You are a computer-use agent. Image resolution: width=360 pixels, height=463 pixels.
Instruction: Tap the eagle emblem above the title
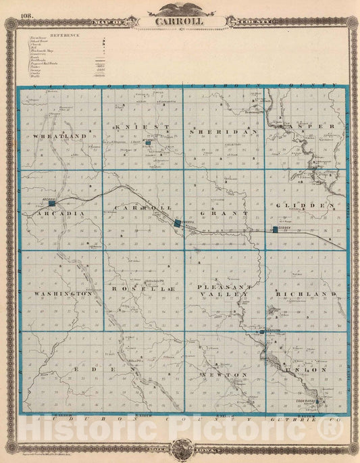click(179, 7)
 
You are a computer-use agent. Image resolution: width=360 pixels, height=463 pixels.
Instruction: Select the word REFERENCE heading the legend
click(65, 34)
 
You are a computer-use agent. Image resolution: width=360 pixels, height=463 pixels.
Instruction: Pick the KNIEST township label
click(139, 127)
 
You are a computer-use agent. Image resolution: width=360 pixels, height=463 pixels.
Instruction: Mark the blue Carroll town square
click(178, 222)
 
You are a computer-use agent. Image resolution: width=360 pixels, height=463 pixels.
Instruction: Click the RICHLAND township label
click(305, 295)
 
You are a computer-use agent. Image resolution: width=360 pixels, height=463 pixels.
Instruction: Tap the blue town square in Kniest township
click(147, 143)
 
